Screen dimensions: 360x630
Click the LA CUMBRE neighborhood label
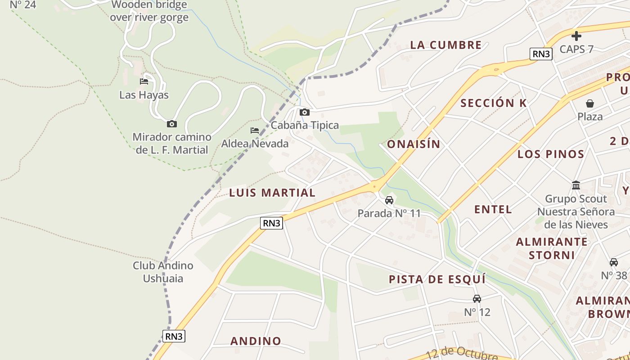tap(446, 45)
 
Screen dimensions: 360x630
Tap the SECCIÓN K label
tap(493, 103)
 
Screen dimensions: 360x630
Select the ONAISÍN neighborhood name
tap(414, 144)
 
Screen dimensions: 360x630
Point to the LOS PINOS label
tap(551, 154)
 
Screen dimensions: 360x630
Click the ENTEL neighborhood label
tap(493, 209)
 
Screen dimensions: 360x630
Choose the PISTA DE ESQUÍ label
tap(437, 279)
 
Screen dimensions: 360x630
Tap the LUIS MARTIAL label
tap(272, 193)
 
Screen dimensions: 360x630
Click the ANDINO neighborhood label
tap(256, 341)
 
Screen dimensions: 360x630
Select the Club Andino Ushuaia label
tap(163, 272)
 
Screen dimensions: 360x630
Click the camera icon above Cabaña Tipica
tap(305, 112)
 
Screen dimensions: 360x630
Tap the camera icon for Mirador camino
tap(171, 124)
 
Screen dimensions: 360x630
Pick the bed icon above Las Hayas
tap(144, 81)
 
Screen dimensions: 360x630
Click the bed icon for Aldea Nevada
tap(255, 130)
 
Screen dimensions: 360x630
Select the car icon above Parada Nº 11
tap(389, 200)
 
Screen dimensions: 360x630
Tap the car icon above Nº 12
tap(477, 298)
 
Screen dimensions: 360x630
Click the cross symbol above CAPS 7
tap(576, 36)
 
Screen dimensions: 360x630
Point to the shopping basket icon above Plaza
tap(590, 103)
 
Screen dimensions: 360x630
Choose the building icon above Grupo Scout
tap(576, 185)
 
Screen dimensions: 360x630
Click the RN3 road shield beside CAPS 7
tap(541, 54)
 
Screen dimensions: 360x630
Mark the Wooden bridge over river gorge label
tap(149, 11)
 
